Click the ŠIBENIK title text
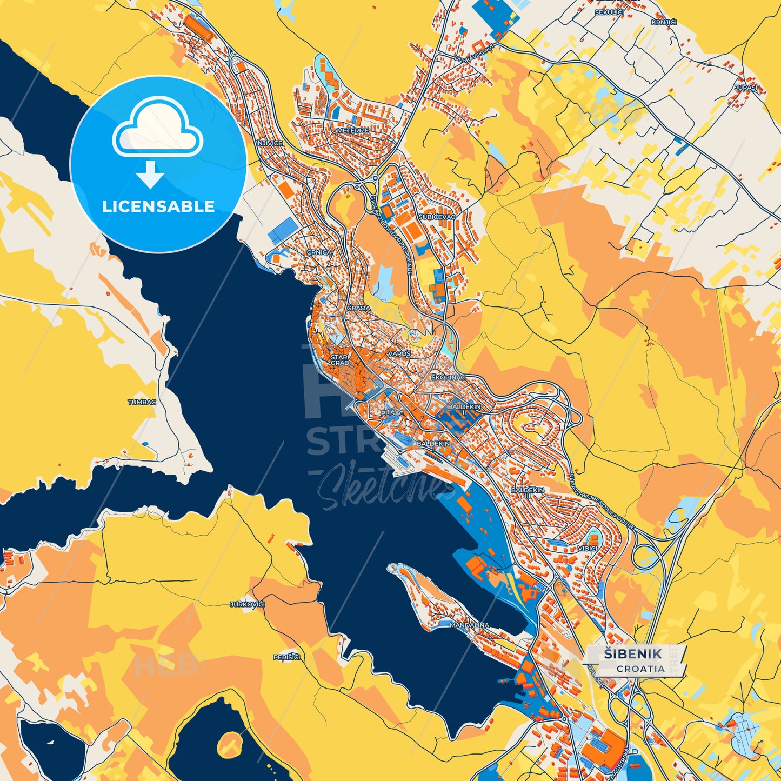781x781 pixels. click(632, 653)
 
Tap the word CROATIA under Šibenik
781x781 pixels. click(640, 669)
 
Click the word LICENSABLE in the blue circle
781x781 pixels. click(158, 206)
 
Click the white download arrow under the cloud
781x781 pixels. click(150, 175)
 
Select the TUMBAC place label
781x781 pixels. click(142, 402)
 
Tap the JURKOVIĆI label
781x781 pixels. click(247, 604)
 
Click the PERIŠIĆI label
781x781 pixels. click(286, 657)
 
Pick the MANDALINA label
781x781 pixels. click(469, 625)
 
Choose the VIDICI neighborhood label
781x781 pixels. click(588, 548)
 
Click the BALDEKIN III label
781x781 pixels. click(528, 492)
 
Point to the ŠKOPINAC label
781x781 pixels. click(448, 376)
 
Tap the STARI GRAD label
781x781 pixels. click(340, 360)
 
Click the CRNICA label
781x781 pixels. click(319, 252)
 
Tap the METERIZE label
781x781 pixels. click(352, 131)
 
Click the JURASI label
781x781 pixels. click(746, 87)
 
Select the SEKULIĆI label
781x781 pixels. click(609, 12)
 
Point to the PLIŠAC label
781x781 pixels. click(392, 413)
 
